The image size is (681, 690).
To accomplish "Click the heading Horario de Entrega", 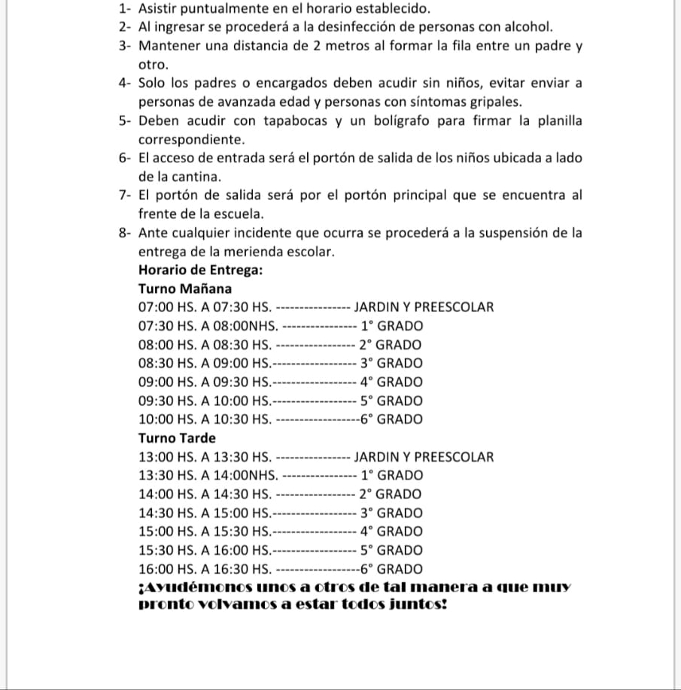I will click(x=200, y=270).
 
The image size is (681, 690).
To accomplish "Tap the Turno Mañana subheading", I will click(x=185, y=289).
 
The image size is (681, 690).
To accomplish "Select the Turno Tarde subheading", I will click(x=177, y=438).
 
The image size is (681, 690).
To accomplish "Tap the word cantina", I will click(x=178, y=178).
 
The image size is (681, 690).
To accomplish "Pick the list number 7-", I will click(x=126, y=196).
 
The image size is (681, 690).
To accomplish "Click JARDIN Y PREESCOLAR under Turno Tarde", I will click(x=424, y=457).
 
